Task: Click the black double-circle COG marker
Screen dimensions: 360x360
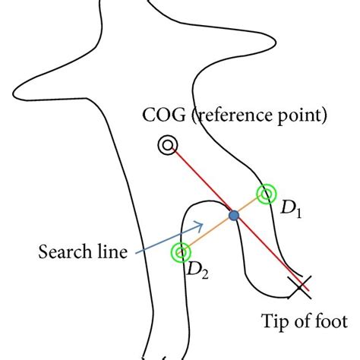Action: pyautogui.click(x=164, y=145)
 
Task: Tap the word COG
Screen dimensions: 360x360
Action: pyautogui.click(x=160, y=117)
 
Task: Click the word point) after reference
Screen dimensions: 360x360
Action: pyautogui.click(x=303, y=117)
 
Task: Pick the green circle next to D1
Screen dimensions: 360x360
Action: pyautogui.click(x=265, y=194)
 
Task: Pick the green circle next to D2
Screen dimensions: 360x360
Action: pyautogui.click(x=181, y=251)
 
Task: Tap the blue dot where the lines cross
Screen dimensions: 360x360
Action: pyautogui.click(x=234, y=216)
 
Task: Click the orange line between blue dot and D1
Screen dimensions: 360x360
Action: pyautogui.click(x=250, y=205)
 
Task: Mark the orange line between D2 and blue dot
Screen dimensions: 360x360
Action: pyautogui.click(x=207, y=234)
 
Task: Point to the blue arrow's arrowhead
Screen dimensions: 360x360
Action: pyautogui.click(x=201, y=224)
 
